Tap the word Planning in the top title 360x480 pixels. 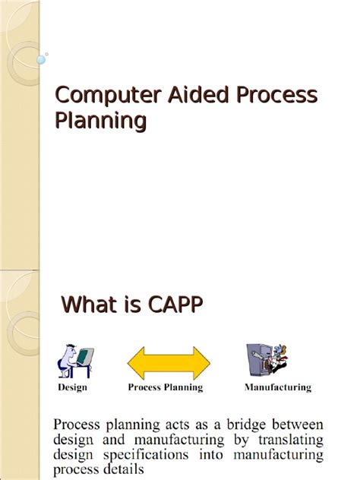(101, 121)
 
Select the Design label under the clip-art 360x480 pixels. (73, 387)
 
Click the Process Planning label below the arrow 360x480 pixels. (166, 387)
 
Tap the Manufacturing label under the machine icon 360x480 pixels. (278, 387)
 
